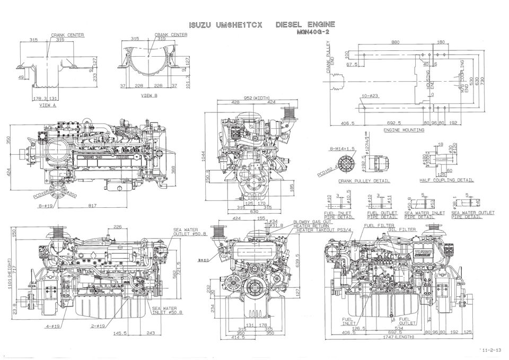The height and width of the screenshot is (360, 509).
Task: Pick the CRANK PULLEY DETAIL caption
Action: tap(364, 181)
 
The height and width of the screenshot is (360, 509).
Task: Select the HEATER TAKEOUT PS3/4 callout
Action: tap(324, 230)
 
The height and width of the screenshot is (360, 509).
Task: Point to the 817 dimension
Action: tap(92, 206)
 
